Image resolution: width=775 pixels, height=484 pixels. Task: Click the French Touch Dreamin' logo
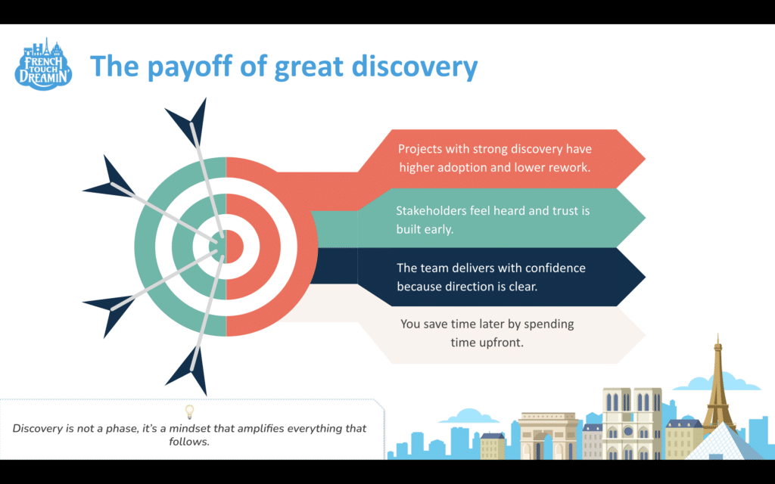point(43,64)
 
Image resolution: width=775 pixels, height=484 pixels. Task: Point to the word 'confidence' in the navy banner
point(555,268)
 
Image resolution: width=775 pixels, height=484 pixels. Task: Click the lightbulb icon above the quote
point(189,411)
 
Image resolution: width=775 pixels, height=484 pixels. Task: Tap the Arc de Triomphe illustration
point(548,436)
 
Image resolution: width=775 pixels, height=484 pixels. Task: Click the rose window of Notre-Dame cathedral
point(627,431)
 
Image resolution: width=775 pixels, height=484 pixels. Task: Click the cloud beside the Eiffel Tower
point(716,381)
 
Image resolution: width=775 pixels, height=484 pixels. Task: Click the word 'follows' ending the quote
point(188,442)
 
